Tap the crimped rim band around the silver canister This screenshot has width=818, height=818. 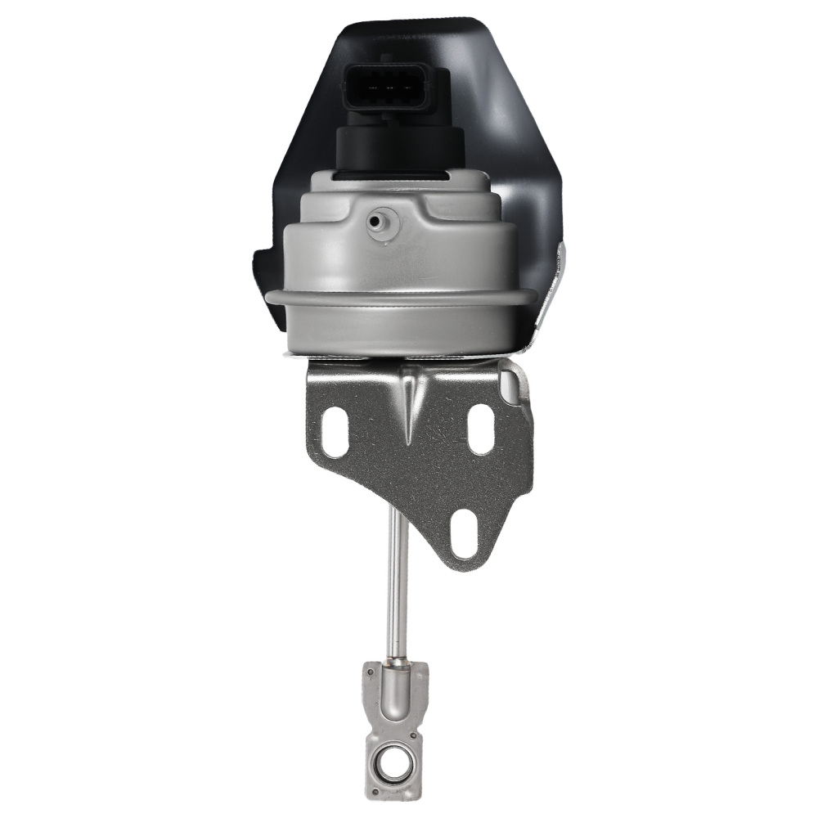(x=401, y=296)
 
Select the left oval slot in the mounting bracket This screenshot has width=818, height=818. (x=333, y=431)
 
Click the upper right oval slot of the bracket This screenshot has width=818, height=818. (x=482, y=428)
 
